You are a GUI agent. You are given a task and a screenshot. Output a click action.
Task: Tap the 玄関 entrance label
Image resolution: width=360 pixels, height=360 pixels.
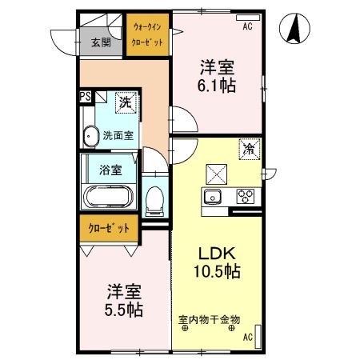100,44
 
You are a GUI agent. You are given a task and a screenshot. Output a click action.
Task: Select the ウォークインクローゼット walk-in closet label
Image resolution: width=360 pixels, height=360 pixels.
148,34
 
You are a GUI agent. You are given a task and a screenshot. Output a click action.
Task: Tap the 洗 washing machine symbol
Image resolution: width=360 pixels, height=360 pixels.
125,102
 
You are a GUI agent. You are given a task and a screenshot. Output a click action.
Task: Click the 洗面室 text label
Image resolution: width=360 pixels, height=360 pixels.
117,135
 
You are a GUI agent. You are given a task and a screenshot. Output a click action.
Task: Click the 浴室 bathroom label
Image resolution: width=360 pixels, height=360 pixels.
110,170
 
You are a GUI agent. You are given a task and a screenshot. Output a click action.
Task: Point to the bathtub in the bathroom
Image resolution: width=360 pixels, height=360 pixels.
110,198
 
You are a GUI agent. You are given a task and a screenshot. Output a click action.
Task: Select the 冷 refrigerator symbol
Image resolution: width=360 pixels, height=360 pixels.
249,149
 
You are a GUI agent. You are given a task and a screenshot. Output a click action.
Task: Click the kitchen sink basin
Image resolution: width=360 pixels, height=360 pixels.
214,197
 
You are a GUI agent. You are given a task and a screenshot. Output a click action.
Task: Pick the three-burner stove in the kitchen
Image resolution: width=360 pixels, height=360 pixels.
244,197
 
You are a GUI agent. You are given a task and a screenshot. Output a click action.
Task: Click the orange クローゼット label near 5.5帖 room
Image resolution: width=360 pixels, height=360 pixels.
109,228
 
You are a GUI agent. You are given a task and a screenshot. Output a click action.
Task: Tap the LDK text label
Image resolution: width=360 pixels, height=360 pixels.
216,253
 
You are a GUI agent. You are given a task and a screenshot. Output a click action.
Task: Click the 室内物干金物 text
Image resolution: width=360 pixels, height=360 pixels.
208,321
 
